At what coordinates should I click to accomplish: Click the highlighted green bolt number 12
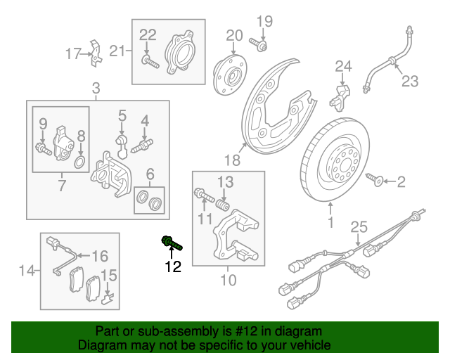(x=172, y=244)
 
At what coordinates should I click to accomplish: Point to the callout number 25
(x=359, y=226)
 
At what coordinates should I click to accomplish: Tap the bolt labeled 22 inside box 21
(x=148, y=62)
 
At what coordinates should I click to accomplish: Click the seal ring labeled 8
(x=80, y=163)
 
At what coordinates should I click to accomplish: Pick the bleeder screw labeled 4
(x=144, y=147)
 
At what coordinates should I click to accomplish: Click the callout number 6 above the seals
(x=150, y=174)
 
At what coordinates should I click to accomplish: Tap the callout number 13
(x=224, y=183)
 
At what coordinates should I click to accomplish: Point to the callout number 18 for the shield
(x=231, y=161)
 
